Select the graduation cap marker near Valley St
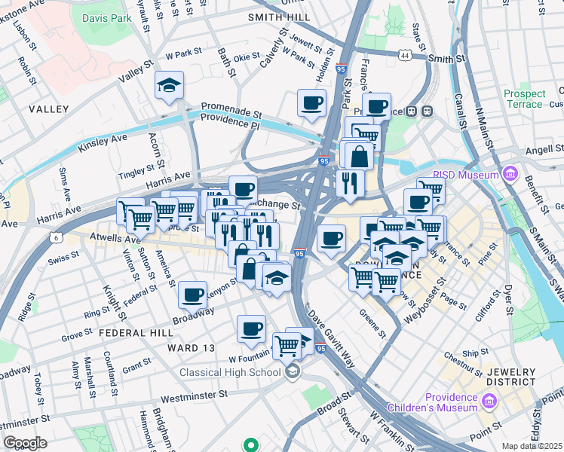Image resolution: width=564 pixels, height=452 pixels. point(170,86)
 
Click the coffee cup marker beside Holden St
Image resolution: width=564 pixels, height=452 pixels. point(311,103)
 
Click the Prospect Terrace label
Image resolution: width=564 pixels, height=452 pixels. point(525,99)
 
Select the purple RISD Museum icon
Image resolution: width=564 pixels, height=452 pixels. point(510,175)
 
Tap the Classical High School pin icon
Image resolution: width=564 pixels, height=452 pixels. point(292,371)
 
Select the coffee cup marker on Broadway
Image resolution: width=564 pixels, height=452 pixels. point(193,294)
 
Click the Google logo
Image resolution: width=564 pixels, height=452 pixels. point(25,443)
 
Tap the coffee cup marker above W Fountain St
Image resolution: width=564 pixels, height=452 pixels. point(251,328)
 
